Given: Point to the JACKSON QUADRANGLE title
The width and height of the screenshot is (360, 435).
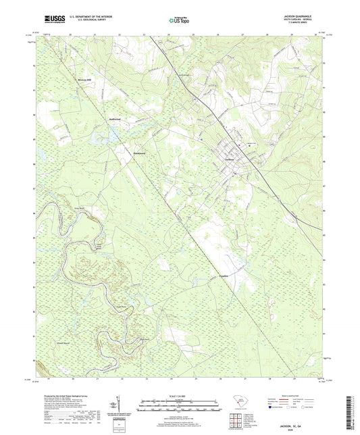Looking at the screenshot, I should pyautogui.click(x=307, y=16).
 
